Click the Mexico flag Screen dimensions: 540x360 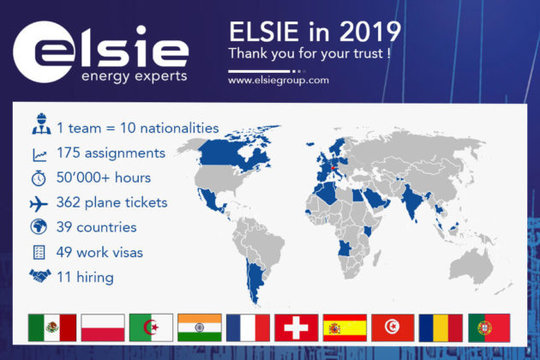[x=52, y=327]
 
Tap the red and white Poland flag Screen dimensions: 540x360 [x=103, y=327]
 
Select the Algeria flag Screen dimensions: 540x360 [x=151, y=327]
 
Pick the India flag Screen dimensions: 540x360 [x=200, y=327]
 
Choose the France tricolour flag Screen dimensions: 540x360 [x=248, y=327]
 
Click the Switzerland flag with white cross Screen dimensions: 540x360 [x=297, y=327]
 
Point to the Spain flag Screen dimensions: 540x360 [x=345, y=327]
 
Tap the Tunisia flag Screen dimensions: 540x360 [x=393, y=327]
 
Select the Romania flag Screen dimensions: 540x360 [x=441, y=327]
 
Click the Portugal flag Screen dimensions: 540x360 [x=489, y=327]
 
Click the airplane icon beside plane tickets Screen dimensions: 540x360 [x=39, y=203]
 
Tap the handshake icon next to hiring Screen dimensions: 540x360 [x=40, y=276]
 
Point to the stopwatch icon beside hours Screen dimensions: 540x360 [x=39, y=178]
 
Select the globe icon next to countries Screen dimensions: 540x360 [x=39, y=227]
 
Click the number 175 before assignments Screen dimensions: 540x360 [x=69, y=153]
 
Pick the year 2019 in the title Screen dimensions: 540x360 [x=370, y=32]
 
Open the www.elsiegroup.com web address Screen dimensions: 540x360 [x=279, y=81]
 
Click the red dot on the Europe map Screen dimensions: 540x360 [x=333, y=168]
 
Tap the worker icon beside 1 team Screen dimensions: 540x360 [x=41, y=123]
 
